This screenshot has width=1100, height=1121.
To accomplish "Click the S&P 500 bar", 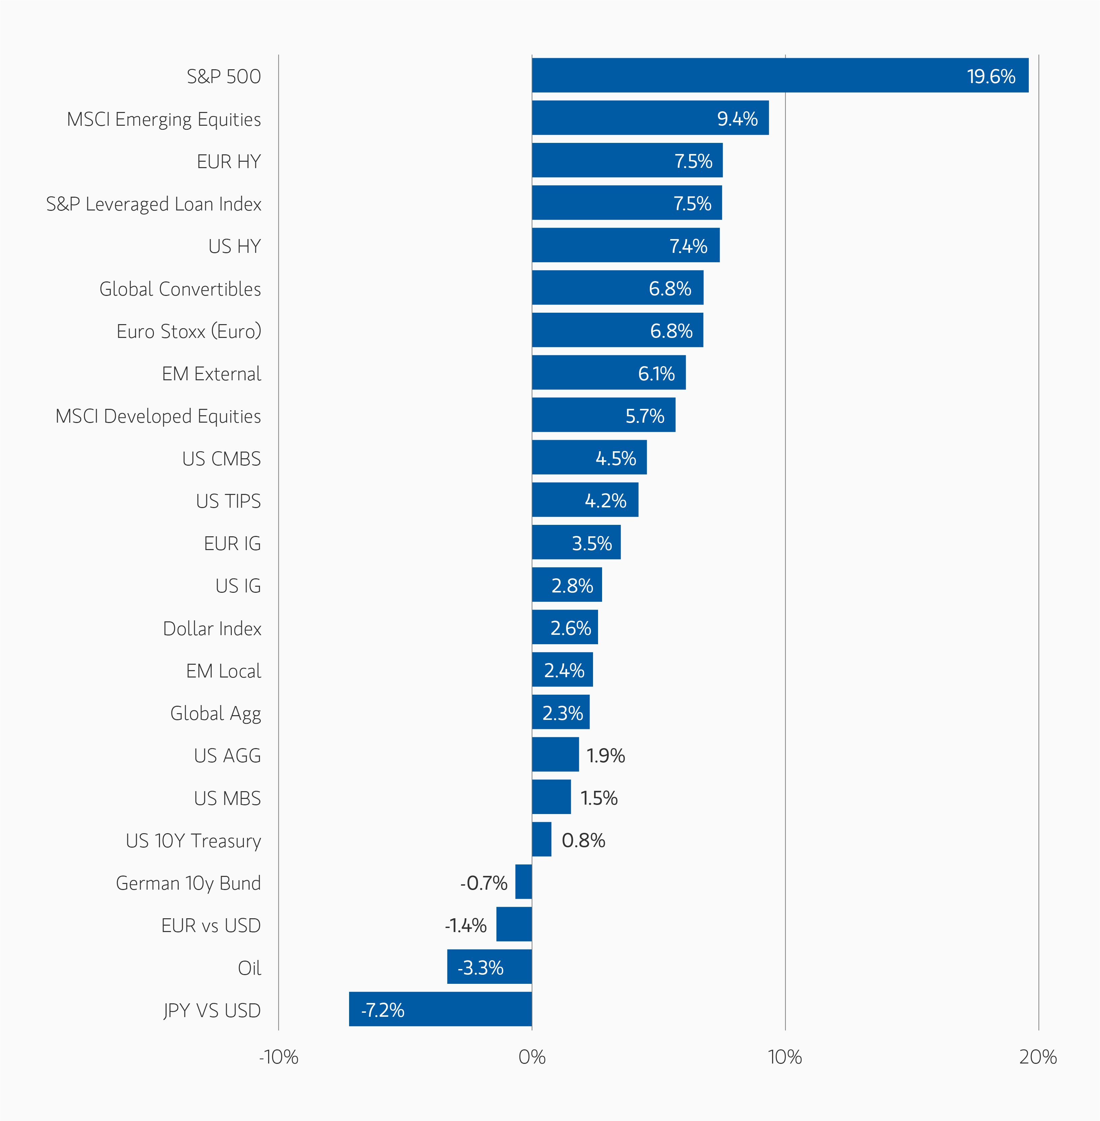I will point(780,75).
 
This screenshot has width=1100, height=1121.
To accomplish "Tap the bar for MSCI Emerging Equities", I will point(650,118).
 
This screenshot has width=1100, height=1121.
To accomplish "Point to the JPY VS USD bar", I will point(440,1009).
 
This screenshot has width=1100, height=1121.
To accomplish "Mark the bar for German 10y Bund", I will point(523,882).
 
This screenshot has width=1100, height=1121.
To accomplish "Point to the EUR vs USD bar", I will point(514,924).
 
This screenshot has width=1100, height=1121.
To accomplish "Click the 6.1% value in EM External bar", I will point(656,374).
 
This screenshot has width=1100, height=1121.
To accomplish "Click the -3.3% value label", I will point(480,968).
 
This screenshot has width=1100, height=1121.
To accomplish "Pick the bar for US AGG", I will point(555,755).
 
